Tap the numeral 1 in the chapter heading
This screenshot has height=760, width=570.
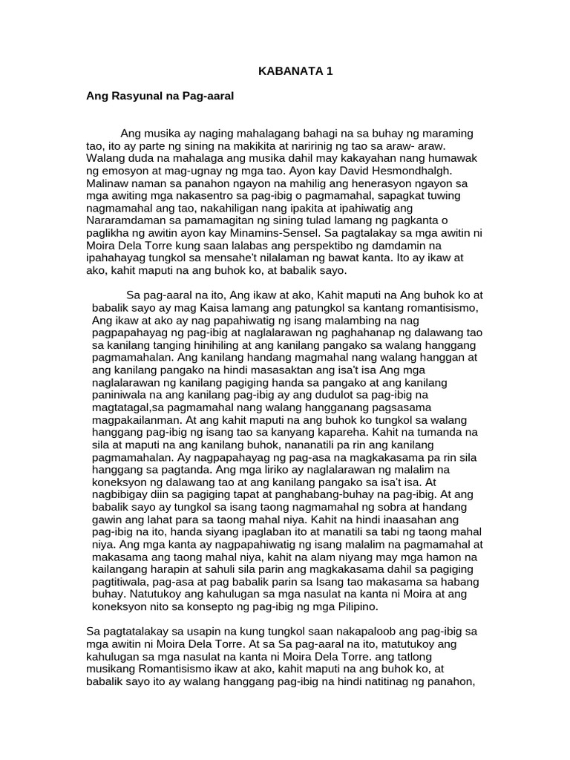[x=329, y=72]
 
